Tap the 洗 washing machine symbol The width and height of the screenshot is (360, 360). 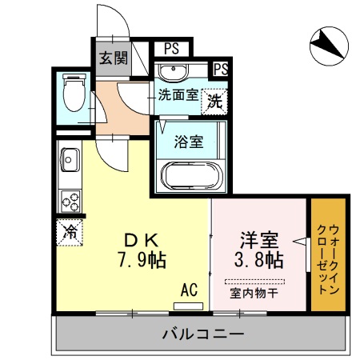[x=214, y=101]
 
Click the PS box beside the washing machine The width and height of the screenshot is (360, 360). [x=222, y=68]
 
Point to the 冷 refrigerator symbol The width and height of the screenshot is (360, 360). [x=69, y=232]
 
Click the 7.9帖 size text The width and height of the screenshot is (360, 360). [x=144, y=260]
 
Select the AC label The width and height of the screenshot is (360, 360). [x=190, y=289]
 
